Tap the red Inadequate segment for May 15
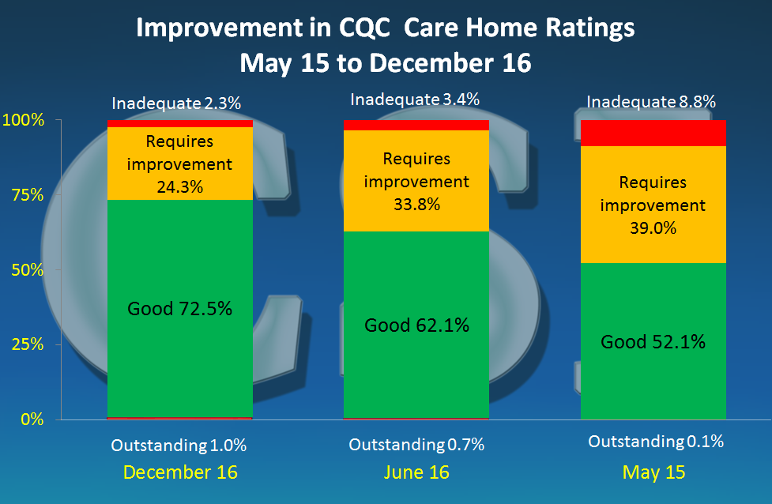[653, 133]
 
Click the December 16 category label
[180, 472]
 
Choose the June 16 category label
[416, 472]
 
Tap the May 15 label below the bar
[653, 472]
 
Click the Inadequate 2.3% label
[176, 103]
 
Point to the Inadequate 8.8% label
[651, 102]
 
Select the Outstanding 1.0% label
[179, 446]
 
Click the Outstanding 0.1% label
[656, 442]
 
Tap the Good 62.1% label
[416, 325]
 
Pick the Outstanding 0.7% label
[416, 446]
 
